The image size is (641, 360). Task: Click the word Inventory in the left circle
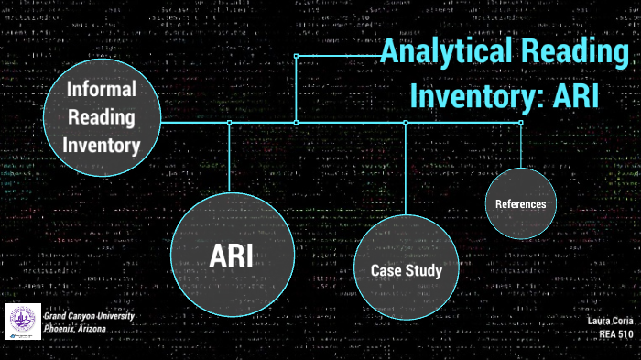click(x=101, y=145)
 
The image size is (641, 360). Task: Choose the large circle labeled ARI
click(x=231, y=255)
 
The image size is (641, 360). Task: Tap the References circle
click(x=520, y=203)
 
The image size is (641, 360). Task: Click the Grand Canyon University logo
click(x=22, y=322)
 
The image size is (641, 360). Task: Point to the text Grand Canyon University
click(x=89, y=316)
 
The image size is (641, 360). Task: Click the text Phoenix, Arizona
click(x=81, y=328)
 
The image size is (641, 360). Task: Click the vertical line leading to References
click(x=521, y=145)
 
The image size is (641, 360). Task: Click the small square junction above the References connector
click(x=521, y=122)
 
